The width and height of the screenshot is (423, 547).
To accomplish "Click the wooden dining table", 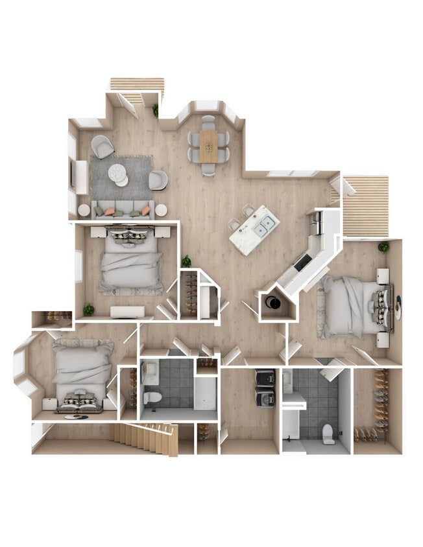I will point(208,146).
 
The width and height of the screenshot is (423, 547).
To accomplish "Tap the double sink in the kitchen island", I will point(265,226).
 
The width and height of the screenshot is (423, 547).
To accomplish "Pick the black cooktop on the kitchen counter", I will point(302,262).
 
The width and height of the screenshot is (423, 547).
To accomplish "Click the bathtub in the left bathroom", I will point(206,392).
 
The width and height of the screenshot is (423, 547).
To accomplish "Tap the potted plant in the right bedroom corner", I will point(384,247).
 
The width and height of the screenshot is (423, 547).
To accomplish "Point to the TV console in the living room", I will point(81,177).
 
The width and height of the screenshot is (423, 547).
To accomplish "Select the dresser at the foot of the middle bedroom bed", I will point(127,312).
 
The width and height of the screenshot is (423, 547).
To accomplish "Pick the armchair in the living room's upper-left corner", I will point(102,146).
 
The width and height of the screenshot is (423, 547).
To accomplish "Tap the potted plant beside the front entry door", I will point(156,111).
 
